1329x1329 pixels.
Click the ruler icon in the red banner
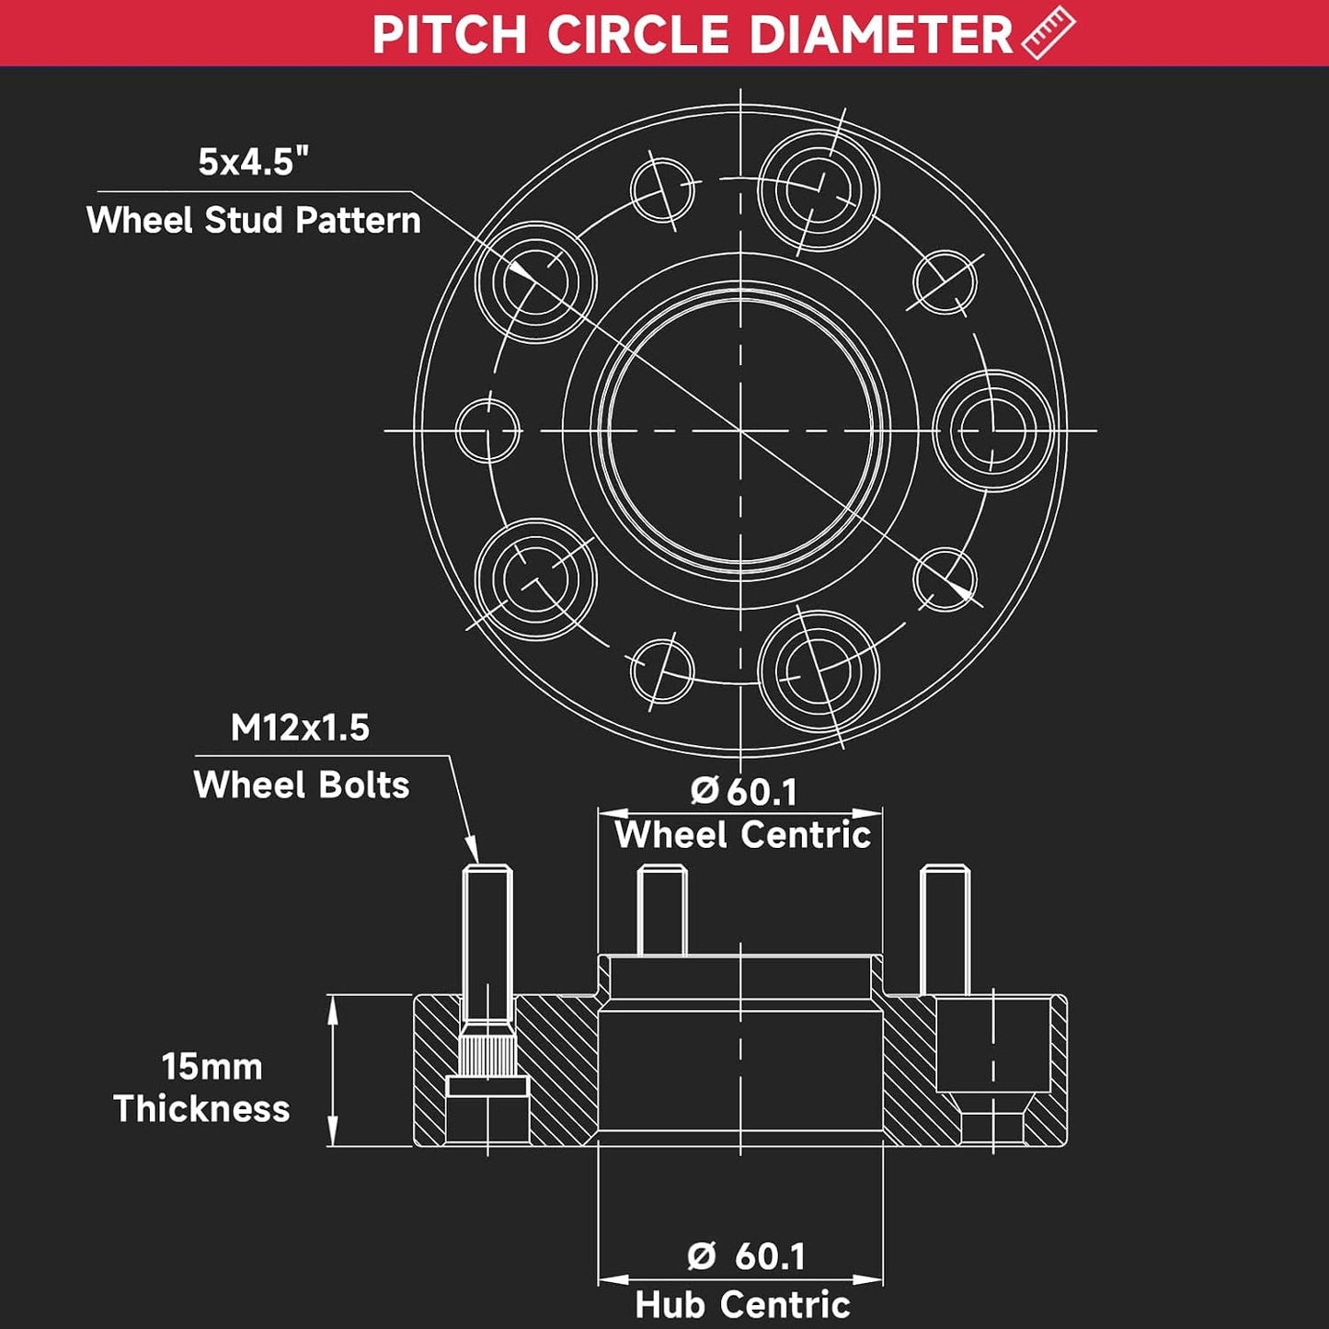pyautogui.click(x=1047, y=32)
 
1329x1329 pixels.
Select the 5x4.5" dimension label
pyautogui.click(x=253, y=163)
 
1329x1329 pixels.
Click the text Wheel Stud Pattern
pyautogui.click(x=253, y=221)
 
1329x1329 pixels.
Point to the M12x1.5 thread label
pyautogui.click(x=300, y=728)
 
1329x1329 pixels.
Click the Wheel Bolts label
pyautogui.click(x=302, y=785)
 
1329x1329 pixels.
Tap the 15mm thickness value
pyautogui.click(x=212, y=1068)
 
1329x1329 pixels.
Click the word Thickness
pyautogui.click(x=201, y=1109)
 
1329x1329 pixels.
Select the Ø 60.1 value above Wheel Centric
pyautogui.click(x=743, y=792)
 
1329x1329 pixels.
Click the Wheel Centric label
pyautogui.click(x=743, y=835)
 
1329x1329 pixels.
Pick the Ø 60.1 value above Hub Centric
pyautogui.click(x=746, y=1256)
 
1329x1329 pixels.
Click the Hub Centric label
pyautogui.click(x=743, y=1304)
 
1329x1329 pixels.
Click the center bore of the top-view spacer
pyautogui.click(x=740, y=430)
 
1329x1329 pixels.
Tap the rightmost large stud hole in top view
pyautogui.click(x=993, y=430)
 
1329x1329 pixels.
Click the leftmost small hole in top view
pyautogui.click(x=487, y=430)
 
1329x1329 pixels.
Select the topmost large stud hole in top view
pyautogui.click(x=819, y=190)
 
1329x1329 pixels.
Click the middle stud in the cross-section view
pyautogui.click(x=661, y=911)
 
